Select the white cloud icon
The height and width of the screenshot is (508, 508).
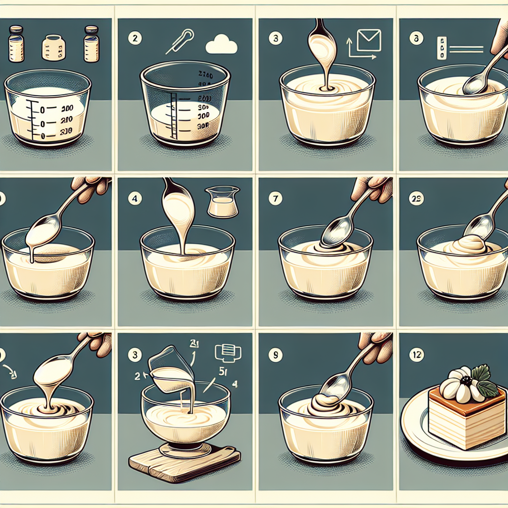click(x=221, y=46)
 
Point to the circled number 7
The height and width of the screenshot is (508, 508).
click(x=273, y=199)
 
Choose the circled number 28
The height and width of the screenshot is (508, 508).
click(x=415, y=199)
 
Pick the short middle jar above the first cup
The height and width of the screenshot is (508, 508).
click(x=53, y=47)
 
